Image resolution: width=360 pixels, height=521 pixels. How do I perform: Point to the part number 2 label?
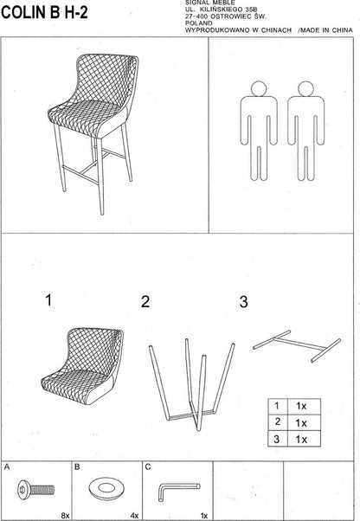[145, 302]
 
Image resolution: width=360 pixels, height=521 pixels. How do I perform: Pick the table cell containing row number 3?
[276, 440]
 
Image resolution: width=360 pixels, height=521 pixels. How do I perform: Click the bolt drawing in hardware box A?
[33, 489]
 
